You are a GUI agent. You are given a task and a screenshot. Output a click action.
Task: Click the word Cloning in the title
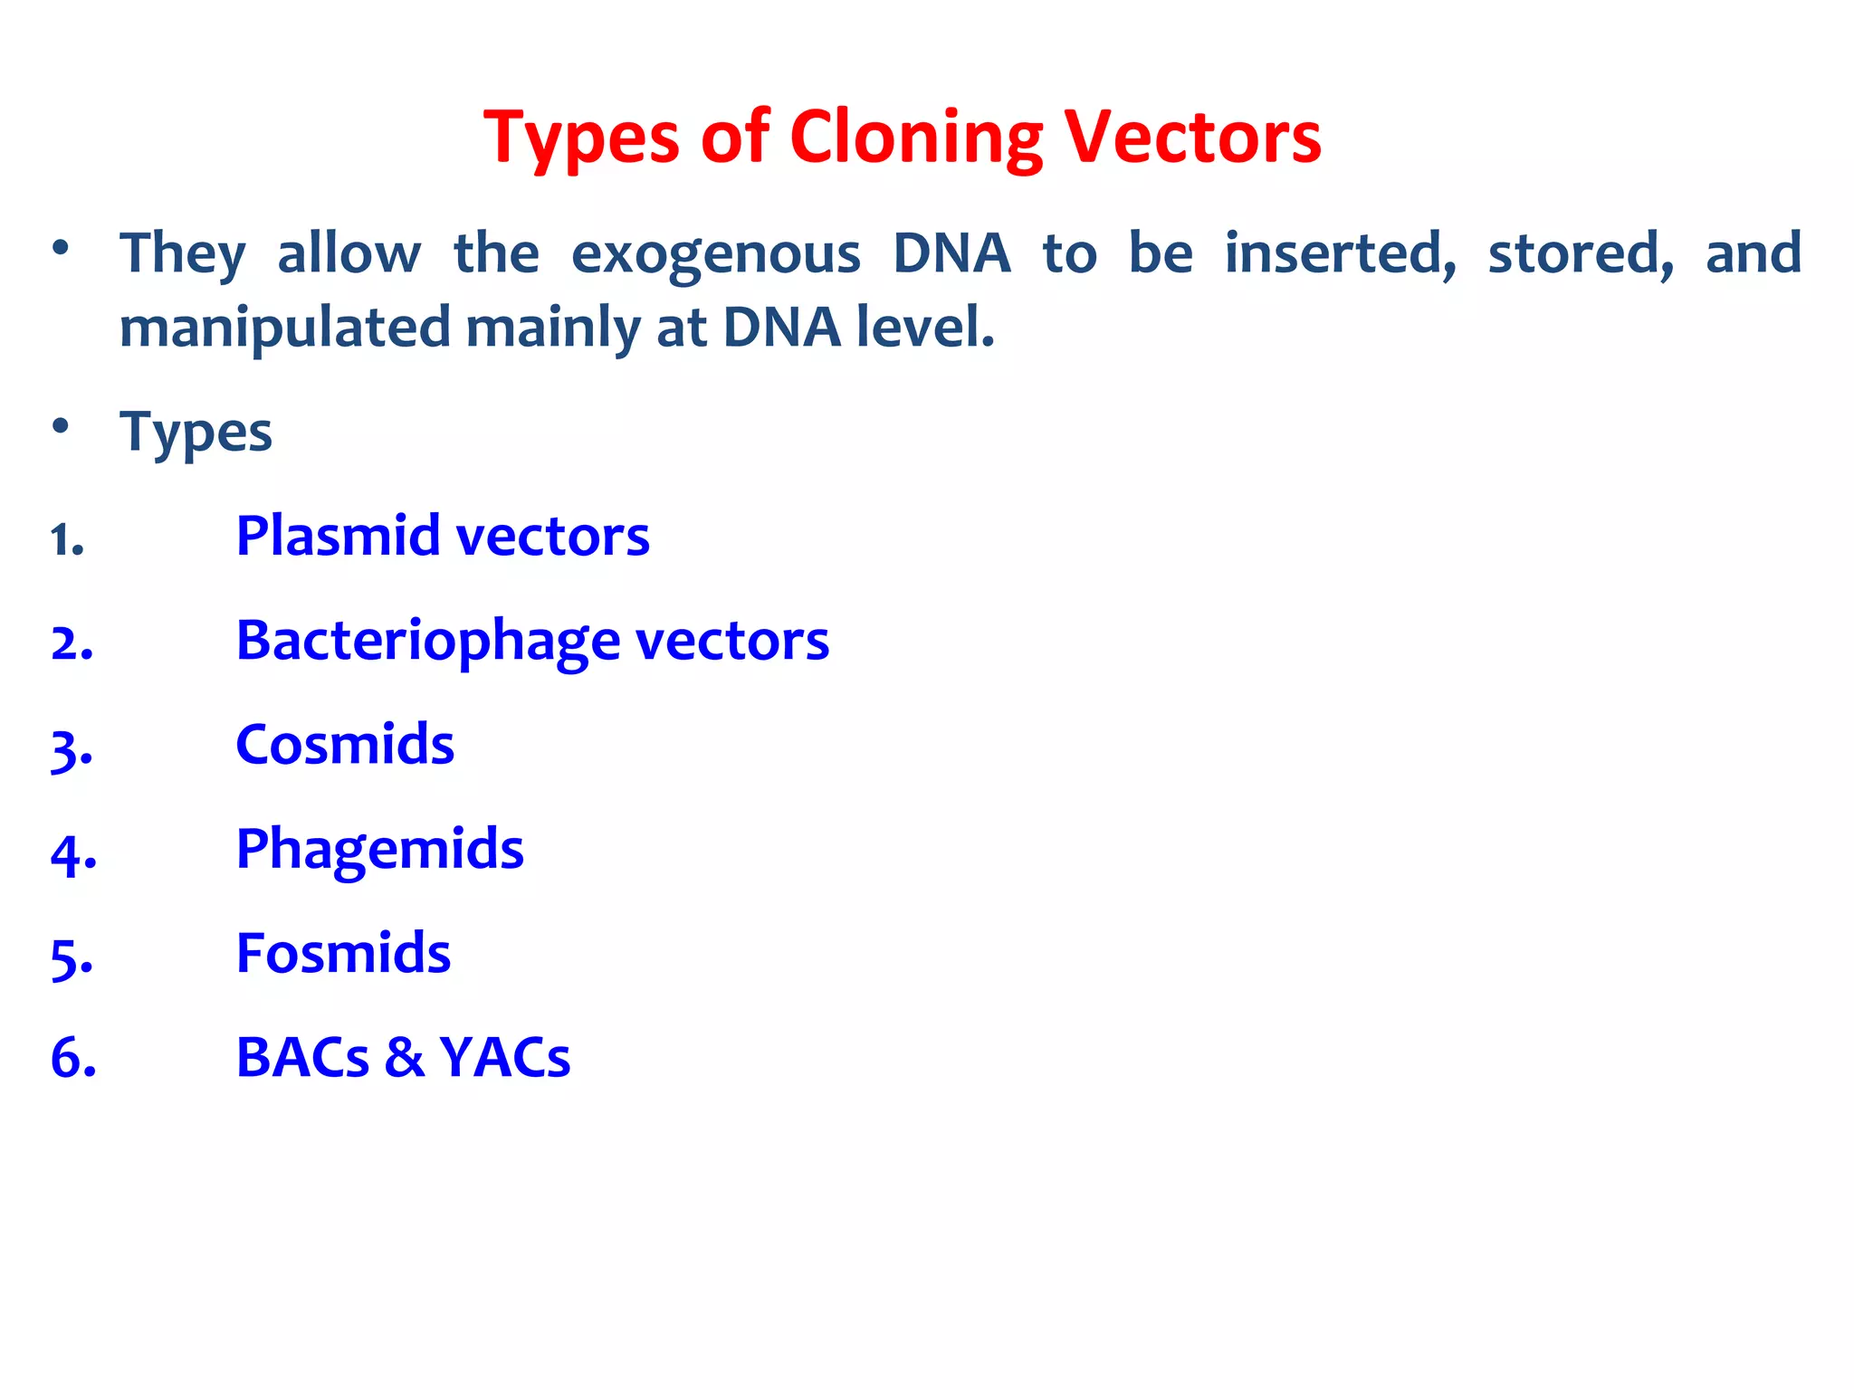pyautogui.click(x=916, y=138)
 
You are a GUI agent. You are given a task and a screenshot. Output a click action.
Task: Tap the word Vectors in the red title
pyautogui.click(x=1192, y=138)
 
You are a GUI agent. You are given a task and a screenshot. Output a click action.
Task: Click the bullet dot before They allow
pyautogui.click(x=61, y=248)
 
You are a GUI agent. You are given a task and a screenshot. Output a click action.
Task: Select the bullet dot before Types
pyautogui.click(x=61, y=426)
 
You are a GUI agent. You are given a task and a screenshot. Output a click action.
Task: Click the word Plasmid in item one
pyautogui.click(x=337, y=535)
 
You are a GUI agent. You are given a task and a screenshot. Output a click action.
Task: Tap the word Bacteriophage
pyautogui.click(x=427, y=642)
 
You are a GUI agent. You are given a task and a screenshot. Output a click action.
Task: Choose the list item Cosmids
pyautogui.click(x=344, y=745)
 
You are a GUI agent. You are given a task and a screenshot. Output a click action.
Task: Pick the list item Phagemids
pyautogui.click(x=379, y=850)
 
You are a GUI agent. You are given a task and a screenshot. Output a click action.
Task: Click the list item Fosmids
pyautogui.click(x=343, y=953)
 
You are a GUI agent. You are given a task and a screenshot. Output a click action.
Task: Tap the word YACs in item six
pyautogui.click(x=504, y=1057)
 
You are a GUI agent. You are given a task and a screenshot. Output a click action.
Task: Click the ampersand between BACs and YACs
pyautogui.click(x=404, y=1057)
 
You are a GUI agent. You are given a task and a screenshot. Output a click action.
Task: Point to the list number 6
pyautogui.click(x=72, y=1058)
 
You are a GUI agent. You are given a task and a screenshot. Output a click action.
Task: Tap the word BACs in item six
pyautogui.click(x=302, y=1057)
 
